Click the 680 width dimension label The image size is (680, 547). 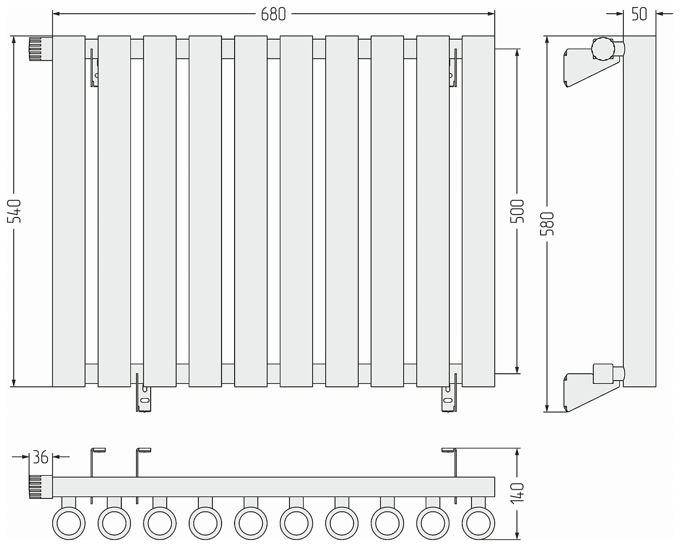[x=273, y=14]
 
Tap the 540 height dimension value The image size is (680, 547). [x=14, y=211]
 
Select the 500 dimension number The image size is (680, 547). [x=517, y=211]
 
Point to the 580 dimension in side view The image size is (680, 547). [x=547, y=224]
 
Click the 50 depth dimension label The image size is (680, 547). [x=639, y=14]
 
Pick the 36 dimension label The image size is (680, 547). [x=40, y=458]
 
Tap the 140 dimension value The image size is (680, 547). [x=517, y=493]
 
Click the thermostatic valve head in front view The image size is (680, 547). [x=41, y=49]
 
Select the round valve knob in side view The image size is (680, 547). [x=603, y=49]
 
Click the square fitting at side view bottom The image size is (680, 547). [x=603, y=374]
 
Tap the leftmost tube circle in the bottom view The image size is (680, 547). [x=69, y=523]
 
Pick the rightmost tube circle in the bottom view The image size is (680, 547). [x=478, y=523]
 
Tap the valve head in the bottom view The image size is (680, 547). [x=41, y=486]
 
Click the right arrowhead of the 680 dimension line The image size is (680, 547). [x=491, y=14]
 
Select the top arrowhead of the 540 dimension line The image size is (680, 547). [x=14, y=40]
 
